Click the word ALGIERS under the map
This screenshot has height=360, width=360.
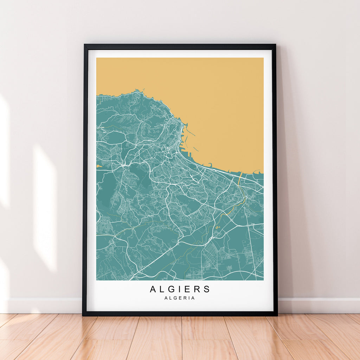[180, 289]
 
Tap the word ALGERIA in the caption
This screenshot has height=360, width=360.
[180, 298]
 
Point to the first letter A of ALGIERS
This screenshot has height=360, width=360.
[153, 289]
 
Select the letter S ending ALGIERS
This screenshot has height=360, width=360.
[207, 289]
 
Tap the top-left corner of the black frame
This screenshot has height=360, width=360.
[85, 45]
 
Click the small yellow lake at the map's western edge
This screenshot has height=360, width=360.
[99, 166]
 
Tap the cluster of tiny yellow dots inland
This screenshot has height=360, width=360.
[217, 228]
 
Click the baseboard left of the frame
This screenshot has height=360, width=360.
[42, 306]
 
